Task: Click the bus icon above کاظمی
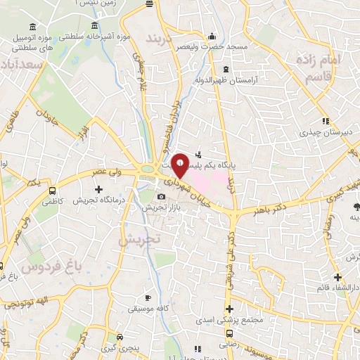point(53,190)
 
